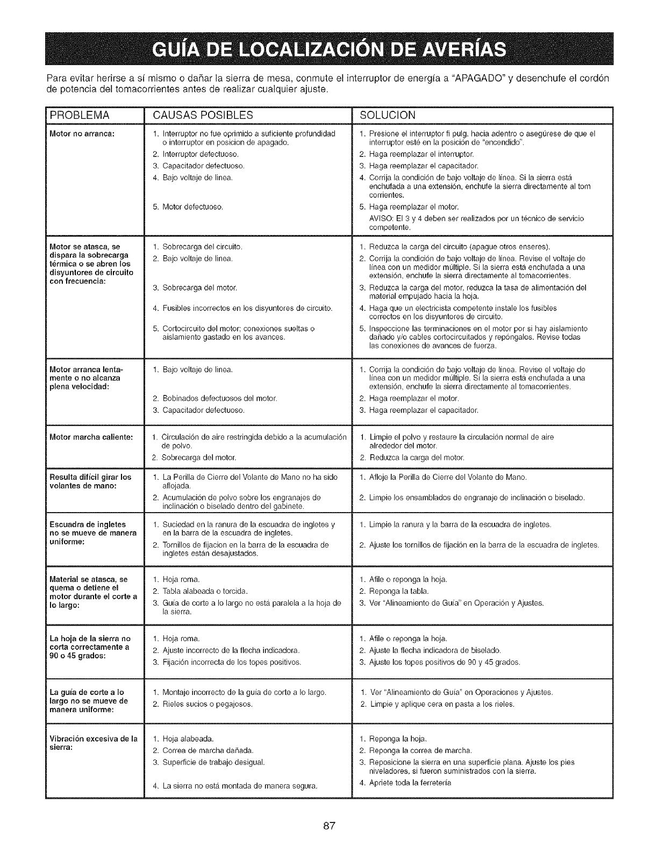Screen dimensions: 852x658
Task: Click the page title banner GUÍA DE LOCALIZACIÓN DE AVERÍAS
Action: [328, 49]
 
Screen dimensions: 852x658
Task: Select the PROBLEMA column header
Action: [80, 115]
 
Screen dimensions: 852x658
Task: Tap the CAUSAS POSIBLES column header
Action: [203, 115]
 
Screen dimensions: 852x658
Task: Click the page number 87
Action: [329, 827]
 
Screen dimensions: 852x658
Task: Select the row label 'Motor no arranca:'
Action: [74, 133]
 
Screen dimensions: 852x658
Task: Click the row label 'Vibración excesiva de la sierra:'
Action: [93, 743]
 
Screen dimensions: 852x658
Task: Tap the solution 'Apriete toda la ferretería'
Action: [410, 783]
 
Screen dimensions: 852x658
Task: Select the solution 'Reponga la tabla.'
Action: [398, 591]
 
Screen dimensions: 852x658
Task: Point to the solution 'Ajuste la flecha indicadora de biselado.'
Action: [434, 650]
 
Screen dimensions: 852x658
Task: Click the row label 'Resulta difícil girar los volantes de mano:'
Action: [90, 481]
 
